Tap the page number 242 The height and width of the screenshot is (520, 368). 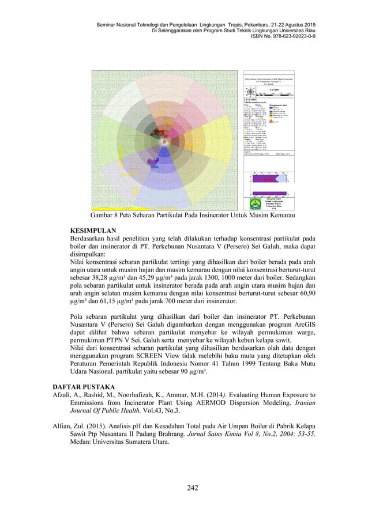(183, 488)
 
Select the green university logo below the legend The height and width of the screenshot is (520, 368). (254, 203)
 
